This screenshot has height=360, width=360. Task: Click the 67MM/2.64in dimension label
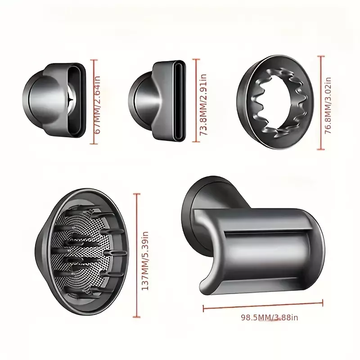[98, 105]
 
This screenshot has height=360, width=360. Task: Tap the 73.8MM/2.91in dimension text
[203, 105]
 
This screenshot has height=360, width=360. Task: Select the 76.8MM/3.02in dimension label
[328, 106]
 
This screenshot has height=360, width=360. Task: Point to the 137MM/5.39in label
[145, 261]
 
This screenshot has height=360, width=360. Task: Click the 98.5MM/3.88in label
[269, 318]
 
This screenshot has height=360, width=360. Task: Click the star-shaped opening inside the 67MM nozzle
[71, 99]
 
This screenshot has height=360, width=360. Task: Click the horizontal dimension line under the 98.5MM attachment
[263, 306]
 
